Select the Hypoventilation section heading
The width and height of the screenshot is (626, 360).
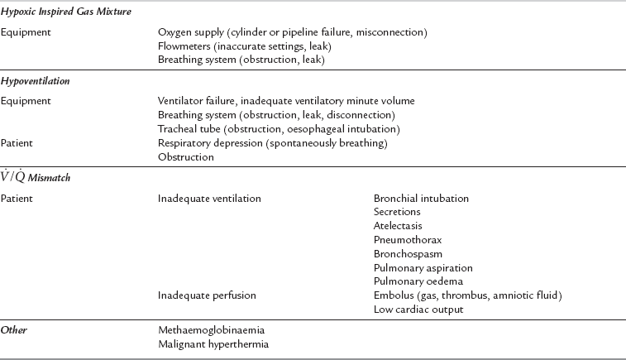tap(35, 82)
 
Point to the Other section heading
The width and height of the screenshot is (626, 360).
tap(13, 330)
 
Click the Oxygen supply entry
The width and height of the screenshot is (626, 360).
tap(292, 32)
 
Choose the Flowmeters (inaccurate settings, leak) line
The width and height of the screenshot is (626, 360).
tap(240, 46)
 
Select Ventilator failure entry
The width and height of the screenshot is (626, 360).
tap(286, 101)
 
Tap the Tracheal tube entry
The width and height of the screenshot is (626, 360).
tap(279, 129)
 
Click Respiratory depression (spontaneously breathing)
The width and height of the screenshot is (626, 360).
tap(272, 143)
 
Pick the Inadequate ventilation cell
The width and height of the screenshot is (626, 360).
tap(209, 199)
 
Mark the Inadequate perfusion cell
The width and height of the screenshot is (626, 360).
tap(207, 295)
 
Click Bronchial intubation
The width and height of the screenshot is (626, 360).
tap(421, 199)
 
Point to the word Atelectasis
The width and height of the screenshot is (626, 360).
tap(398, 226)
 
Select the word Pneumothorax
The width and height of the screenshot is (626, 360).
tap(402, 240)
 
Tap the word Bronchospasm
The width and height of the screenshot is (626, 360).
tap(402, 254)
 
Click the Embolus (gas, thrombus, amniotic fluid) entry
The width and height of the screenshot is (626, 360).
tap(467, 295)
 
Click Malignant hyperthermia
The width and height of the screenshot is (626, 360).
tap(213, 344)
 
